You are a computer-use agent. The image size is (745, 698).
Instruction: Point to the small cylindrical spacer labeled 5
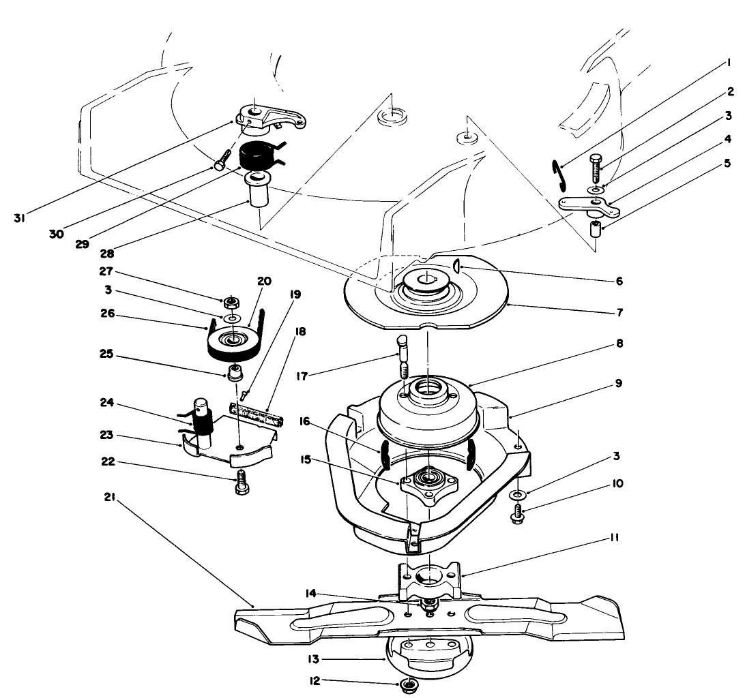[x=596, y=228]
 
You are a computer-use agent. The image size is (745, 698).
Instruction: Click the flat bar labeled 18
[x=257, y=413]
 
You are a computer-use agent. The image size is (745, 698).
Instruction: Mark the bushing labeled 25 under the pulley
[x=236, y=374]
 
